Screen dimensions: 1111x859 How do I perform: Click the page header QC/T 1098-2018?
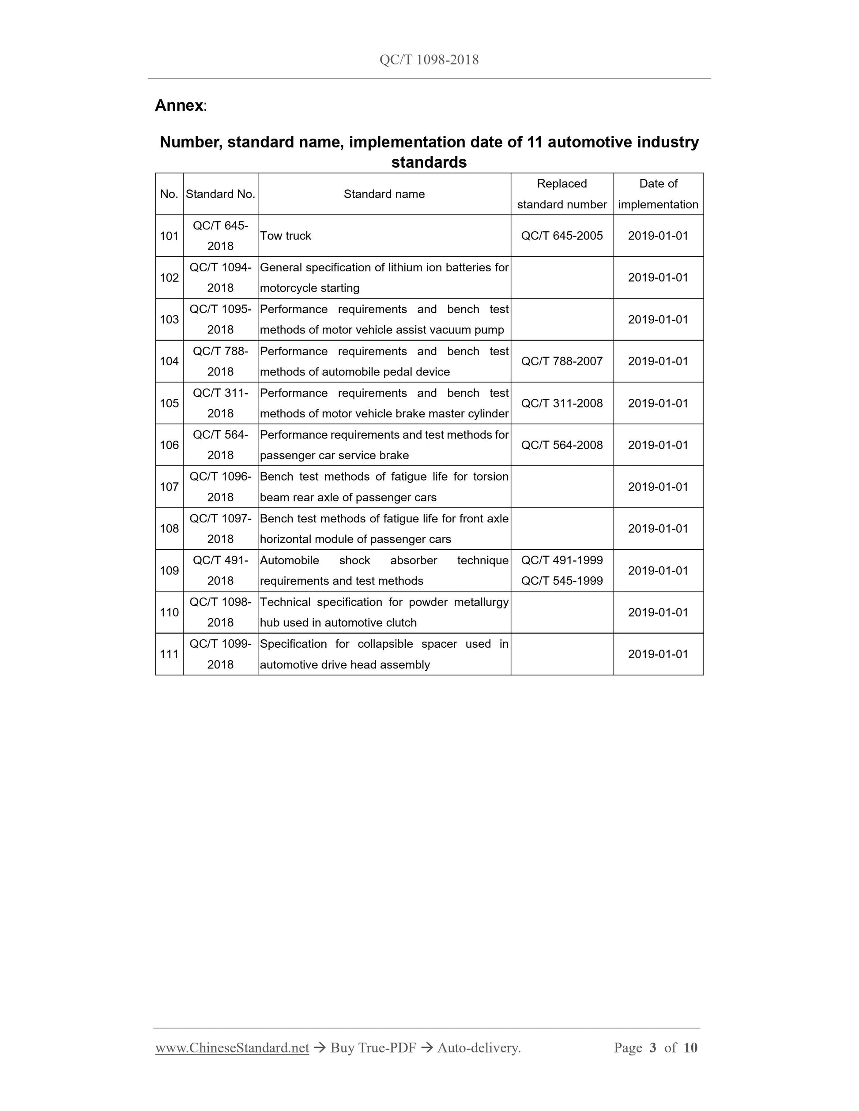[429, 60]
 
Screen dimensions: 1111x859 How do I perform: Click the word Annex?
[179, 105]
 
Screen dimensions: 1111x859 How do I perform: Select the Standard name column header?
[384, 194]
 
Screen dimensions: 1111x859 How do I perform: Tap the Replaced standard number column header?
[562, 194]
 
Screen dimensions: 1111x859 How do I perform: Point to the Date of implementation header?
[658, 194]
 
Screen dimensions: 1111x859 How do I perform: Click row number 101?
[169, 236]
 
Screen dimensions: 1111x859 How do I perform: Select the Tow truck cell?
[286, 236]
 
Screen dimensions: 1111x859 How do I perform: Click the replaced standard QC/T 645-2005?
[562, 236]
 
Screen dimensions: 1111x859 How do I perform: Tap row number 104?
[169, 361]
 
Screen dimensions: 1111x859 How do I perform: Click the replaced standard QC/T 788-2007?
[562, 361]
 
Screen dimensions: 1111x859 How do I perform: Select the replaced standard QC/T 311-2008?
[562, 403]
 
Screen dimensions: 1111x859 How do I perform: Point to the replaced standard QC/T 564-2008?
[562, 445]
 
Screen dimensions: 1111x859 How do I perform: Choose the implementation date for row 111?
[658, 654]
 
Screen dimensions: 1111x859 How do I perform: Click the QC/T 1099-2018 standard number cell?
[220, 654]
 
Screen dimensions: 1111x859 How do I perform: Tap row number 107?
[169, 487]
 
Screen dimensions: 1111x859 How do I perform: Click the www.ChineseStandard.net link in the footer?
[232, 1047]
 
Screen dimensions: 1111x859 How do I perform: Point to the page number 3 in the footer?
[652, 1047]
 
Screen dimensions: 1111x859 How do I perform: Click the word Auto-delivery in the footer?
[478, 1047]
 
